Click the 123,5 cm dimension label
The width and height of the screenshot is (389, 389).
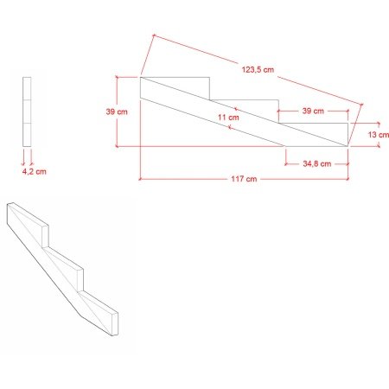pos(258,70)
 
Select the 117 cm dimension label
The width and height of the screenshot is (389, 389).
pos(244,179)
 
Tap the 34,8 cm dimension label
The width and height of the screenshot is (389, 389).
pos(316,164)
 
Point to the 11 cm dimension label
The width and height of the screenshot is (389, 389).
pos(228,118)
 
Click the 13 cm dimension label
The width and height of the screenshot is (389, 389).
pos(379,135)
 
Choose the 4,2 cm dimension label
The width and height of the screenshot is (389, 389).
pos(35,172)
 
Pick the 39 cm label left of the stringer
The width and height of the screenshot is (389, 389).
pos(117,112)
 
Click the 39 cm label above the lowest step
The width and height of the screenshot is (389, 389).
pos(313,111)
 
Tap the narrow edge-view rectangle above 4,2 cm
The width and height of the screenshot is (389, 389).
pos(27,112)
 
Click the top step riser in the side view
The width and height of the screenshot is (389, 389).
pos(209,88)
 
